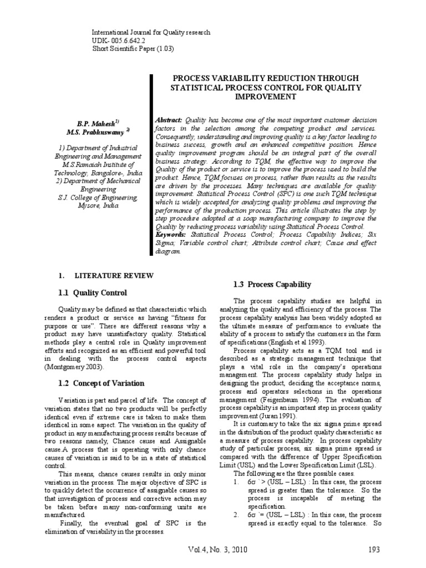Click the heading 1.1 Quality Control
[93, 292]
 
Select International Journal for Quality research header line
[151, 33]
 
